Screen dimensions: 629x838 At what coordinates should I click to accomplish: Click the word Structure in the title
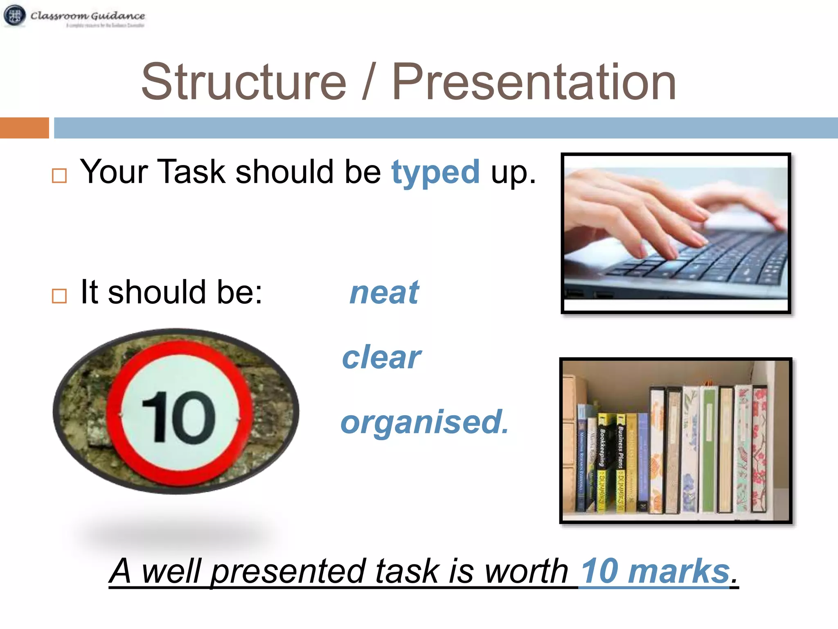tap(244, 82)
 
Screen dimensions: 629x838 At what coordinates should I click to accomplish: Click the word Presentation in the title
tap(534, 82)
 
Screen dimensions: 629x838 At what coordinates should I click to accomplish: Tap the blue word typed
tap(435, 172)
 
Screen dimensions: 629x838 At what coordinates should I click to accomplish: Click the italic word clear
tap(381, 357)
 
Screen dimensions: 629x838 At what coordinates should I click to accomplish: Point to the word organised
tap(424, 422)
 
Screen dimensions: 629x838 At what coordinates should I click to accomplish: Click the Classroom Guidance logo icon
tap(15, 16)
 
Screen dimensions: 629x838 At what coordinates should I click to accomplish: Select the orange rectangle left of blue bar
tap(25, 128)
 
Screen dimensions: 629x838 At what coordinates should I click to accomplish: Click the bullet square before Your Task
tap(59, 176)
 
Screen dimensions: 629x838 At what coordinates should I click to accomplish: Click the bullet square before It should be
tap(59, 296)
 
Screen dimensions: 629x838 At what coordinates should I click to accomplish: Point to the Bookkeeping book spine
tap(602, 463)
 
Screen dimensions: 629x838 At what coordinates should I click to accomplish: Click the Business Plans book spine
tap(621, 463)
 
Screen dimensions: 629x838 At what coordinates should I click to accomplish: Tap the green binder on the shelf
tap(709, 450)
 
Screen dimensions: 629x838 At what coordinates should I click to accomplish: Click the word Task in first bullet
tap(191, 172)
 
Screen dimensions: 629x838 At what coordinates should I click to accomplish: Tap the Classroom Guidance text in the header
tap(88, 16)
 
